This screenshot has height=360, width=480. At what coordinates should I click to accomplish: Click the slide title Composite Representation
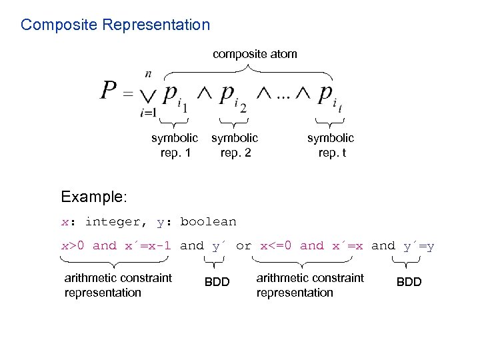click(115, 25)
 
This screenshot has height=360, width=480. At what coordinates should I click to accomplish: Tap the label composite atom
click(255, 54)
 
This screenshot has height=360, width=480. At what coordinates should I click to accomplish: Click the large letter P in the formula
click(109, 91)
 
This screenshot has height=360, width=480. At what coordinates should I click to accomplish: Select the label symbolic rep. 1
click(175, 145)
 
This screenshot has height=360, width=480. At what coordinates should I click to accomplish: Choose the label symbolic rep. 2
click(234, 145)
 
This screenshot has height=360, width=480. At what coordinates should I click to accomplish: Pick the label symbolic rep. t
click(331, 145)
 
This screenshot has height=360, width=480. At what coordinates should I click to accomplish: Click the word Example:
click(93, 197)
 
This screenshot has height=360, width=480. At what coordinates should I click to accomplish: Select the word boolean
click(208, 222)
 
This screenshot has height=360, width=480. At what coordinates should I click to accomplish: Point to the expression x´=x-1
click(148, 246)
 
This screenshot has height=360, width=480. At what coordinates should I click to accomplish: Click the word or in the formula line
click(244, 246)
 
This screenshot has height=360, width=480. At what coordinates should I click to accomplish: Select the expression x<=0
click(277, 246)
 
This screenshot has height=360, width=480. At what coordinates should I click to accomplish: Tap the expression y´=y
click(419, 246)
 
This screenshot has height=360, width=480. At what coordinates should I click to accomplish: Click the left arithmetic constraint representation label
click(118, 285)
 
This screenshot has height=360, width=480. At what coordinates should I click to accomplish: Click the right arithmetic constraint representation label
click(310, 285)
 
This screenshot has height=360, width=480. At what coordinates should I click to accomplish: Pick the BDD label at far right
click(409, 282)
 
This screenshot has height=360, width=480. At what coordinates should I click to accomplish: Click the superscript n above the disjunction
click(147, 74)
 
